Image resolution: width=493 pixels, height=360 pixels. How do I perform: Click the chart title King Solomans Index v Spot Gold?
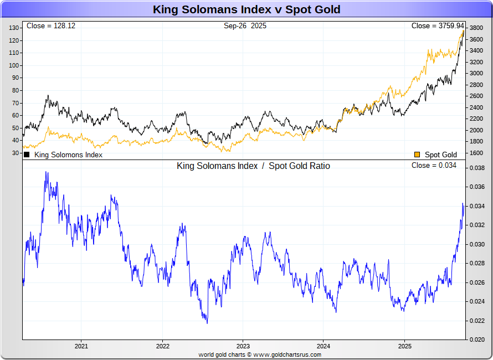[247, 9]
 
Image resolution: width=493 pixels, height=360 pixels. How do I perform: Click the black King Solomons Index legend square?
[27, 155]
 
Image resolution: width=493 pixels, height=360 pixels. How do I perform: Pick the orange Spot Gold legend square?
[417, 155]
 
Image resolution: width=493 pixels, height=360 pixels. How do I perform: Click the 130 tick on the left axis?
[14, 28]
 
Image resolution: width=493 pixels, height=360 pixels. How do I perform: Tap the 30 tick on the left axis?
[16, 153]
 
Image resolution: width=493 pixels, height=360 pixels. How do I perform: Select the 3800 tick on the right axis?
[475, 28]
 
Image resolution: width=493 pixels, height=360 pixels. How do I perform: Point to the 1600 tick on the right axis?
[475, 153]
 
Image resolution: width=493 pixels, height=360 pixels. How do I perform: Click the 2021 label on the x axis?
[81, 346]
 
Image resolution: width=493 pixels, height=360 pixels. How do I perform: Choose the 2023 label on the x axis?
[243, 346]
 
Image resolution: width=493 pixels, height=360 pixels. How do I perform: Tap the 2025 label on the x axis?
[404, 346]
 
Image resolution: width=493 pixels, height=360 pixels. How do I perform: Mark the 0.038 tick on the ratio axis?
[477, 168]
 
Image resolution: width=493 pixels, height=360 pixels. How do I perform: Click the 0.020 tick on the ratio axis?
[477, 340]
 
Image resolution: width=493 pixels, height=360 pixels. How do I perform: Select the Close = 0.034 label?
[434, 166]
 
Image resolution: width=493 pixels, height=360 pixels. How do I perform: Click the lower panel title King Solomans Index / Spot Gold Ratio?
[253, 166]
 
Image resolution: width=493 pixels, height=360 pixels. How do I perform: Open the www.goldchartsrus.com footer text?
[287, 354]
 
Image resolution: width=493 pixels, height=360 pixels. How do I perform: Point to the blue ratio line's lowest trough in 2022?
[207, 322]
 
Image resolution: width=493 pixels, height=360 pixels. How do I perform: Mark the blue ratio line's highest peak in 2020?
[46, 172]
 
